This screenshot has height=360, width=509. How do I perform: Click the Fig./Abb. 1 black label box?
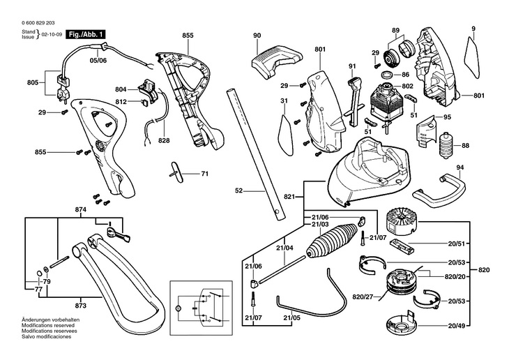coord(86,33)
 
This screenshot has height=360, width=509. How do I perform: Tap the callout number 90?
coord(257,36)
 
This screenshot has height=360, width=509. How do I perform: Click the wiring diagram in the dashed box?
coord(201,308)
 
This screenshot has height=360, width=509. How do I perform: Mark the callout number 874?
coord(61,209)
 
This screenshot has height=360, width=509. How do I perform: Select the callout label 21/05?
coord(292,318)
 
